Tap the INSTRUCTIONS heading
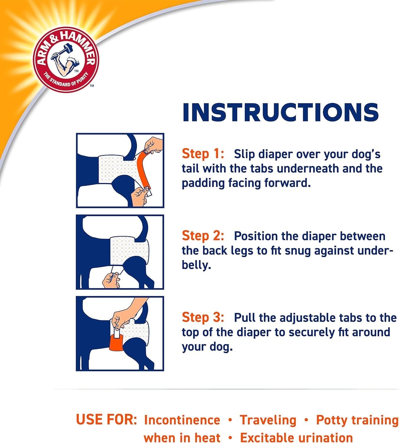tap(280, 112)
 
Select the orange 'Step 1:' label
tap(203, 154)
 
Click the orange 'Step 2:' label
tap(203, 236)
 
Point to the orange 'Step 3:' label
tap(203, 317)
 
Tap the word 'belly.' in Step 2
tap(196, 265)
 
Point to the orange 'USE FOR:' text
tap(106, 419)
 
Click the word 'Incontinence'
tap(182, 420)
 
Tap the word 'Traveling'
tap(268, 420)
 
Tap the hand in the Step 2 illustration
tap(111, 280)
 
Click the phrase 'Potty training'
tap(357, 420)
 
